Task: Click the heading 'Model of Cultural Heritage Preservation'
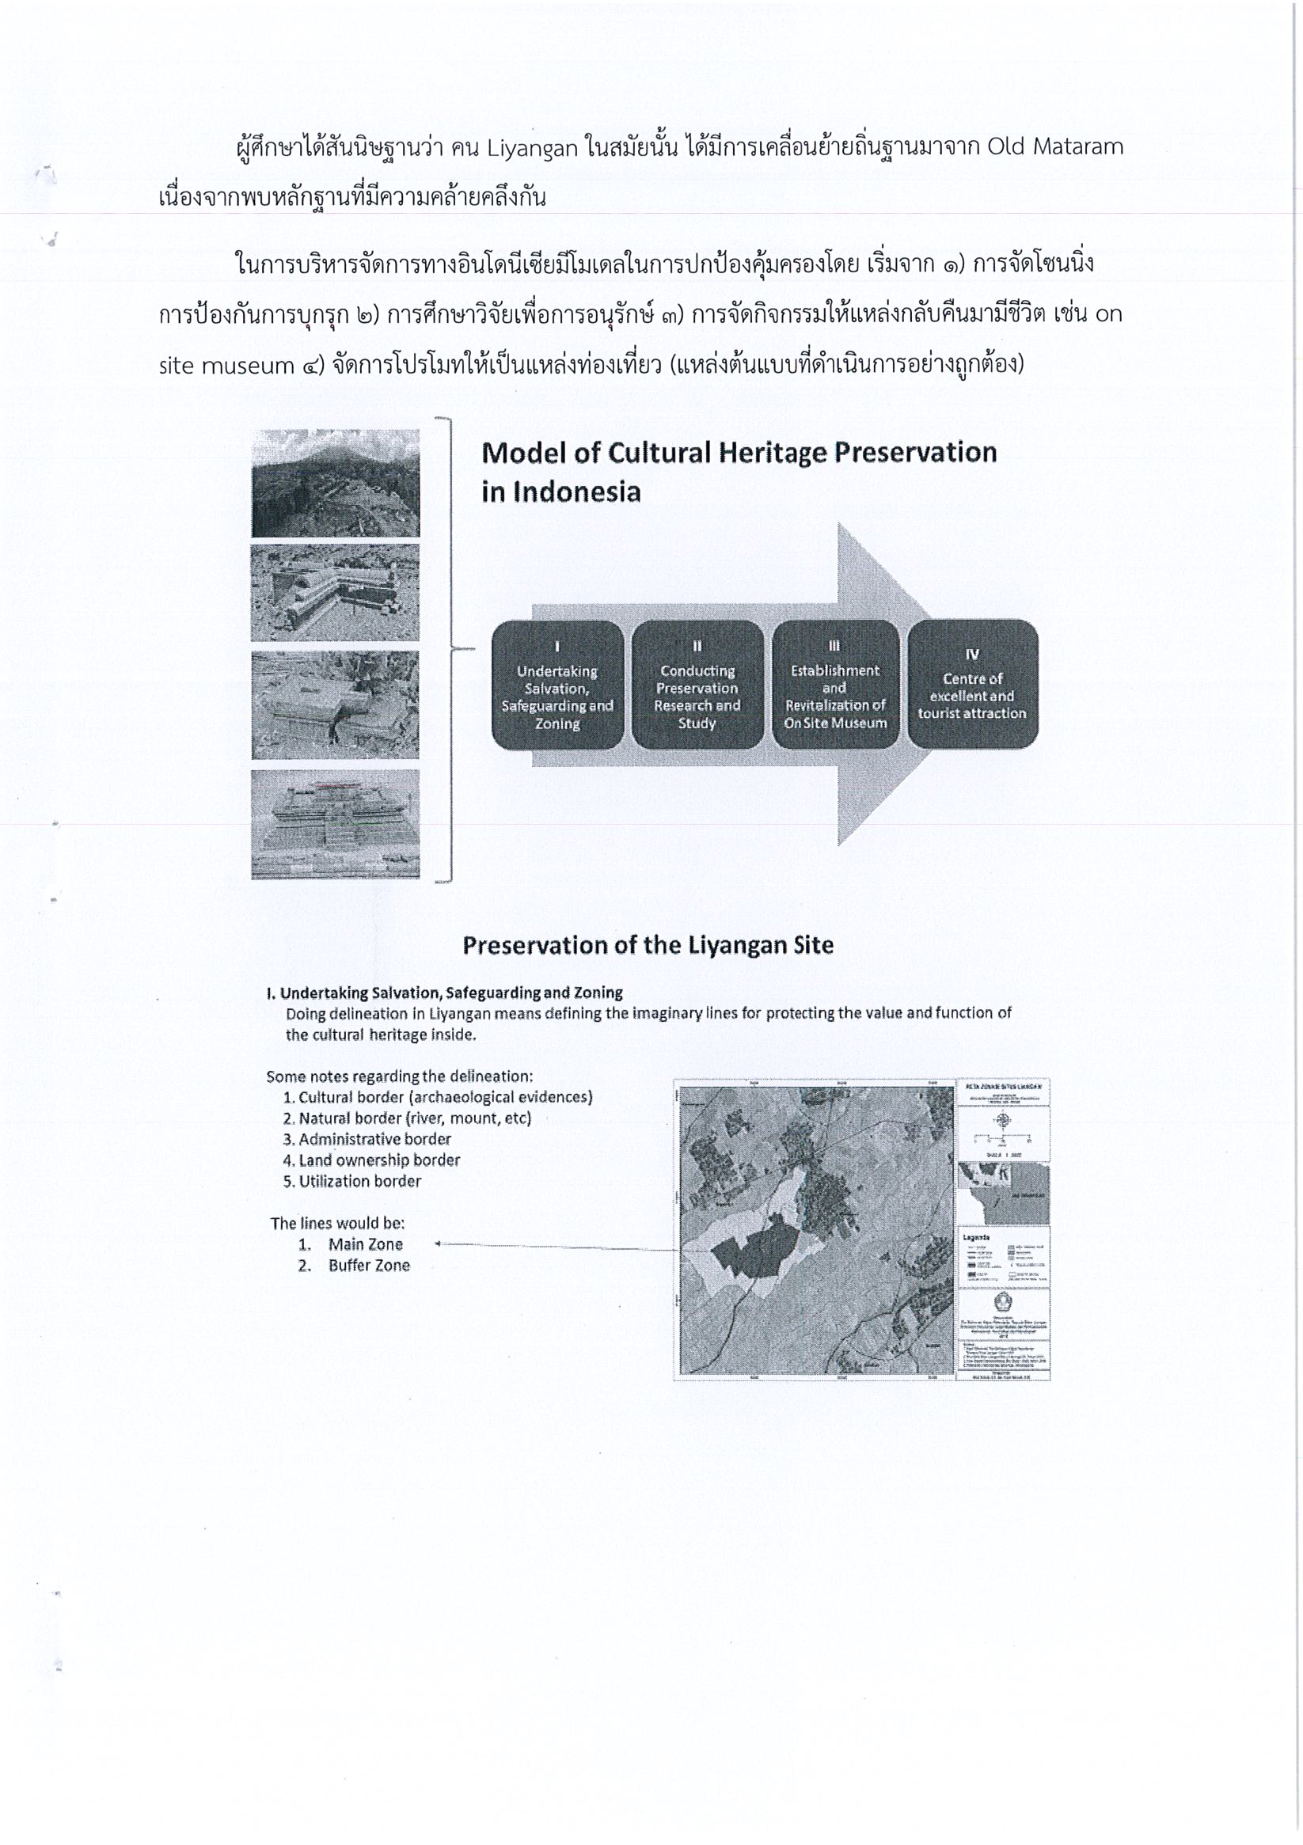point(739,454)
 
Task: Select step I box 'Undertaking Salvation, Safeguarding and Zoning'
point(557,685)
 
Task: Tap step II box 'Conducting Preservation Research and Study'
point(697,685)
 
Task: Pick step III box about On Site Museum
point(835,685)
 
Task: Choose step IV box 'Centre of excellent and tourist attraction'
point(973,685)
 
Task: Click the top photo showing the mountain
point(335,483)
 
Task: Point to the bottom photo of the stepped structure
point(335,825)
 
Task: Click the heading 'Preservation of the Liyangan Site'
point(648,945)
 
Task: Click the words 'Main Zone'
point(365,1245)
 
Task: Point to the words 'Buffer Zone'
point(369,1266)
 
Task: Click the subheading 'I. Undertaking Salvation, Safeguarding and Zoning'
point(445,993)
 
